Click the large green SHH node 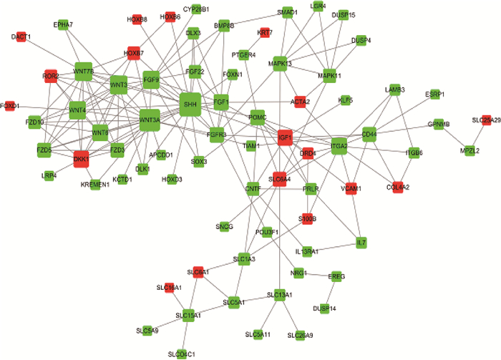click(190, 104)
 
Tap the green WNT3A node click(150, 120)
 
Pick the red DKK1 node click(80, 158)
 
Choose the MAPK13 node click(280, 64)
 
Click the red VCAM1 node click(351, 188)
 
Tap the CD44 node click(369, 134)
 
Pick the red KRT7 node click(265, 33)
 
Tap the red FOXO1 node click(10, 106)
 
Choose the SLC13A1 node click(280, 295)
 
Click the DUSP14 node click(324, 308)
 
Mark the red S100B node click(307, 219)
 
